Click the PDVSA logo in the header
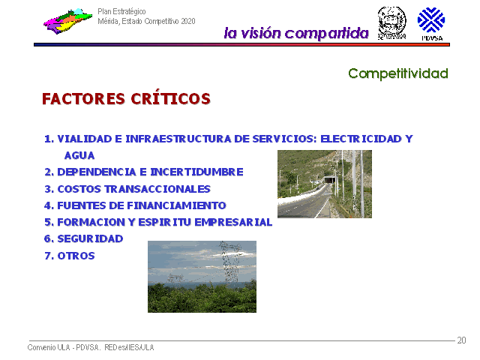pyautogui.click(x=431, y=24)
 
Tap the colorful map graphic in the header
pyautogui.click(x=67, y=21)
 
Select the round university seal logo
pyautogui.click(x=391, y=22)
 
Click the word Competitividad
pyautogui.click(x=398, y=73)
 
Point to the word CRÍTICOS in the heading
pyautogui.click(x=171, y=98)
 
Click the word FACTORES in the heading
pyautogui.click(x=83, y=99)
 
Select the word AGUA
pyautogui.click(x=79, y=155)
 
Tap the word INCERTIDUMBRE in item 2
pyautogui.click(x=196, y=172)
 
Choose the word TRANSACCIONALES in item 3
pyautogui.click(x=157, y=189)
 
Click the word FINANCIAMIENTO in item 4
pyautogui.click(x=176, y=205)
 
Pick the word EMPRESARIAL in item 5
pyautogui.click(x=233, y=222)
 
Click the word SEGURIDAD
pyautogui.click(x=90, y=238)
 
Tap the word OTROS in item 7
pyautogui.click(x=76, y=256)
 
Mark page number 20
pyautogui.click(x=461, y=340)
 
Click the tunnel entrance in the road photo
pyautogui.click(x=328, y=180)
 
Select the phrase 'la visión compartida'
pyautogui.click(x=296, y=33)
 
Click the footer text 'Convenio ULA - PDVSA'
pyautogui.click(x=63, y=347)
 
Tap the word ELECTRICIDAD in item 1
pyautogui.click(x=361, y=139)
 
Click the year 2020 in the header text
pyautogui.click(x=188, y=21)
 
